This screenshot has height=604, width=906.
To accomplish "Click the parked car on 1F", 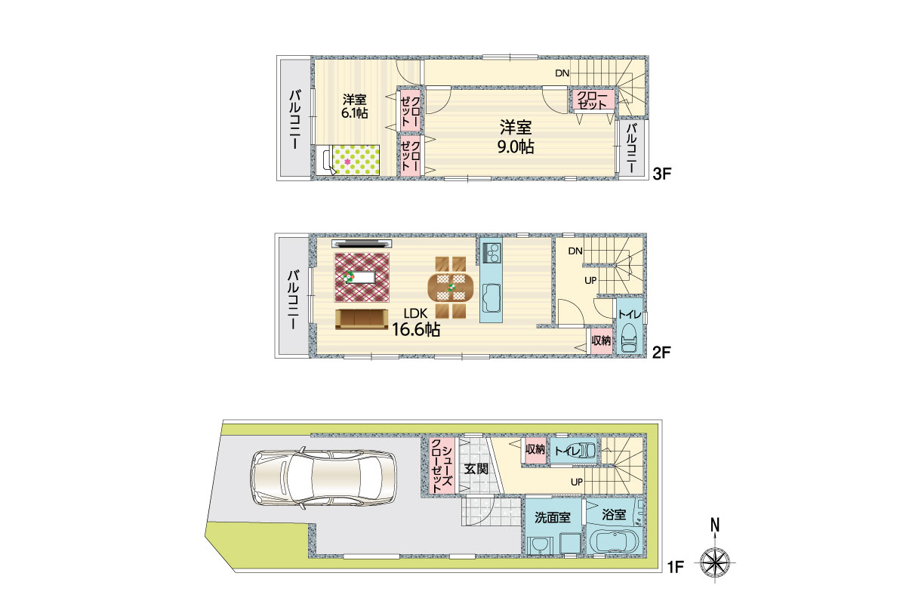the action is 325,477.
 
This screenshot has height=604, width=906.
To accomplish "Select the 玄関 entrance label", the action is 476,469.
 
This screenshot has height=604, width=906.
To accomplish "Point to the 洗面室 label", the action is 553,517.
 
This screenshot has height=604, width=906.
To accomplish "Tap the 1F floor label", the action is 676,567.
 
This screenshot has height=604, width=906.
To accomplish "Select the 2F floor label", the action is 661,353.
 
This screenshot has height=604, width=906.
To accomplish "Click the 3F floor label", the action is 662,174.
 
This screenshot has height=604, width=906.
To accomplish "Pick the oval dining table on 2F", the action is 451,288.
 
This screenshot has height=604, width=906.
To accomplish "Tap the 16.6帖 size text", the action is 416,330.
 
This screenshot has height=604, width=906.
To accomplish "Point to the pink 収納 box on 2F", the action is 600,341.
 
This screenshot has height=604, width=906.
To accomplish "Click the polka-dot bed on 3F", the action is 348,160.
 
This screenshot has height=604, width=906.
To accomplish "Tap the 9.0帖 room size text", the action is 516,147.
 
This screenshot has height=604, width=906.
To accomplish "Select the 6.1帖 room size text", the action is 355,112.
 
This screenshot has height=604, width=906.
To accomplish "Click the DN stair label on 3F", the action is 562,73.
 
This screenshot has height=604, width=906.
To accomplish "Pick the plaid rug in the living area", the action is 362,278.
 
